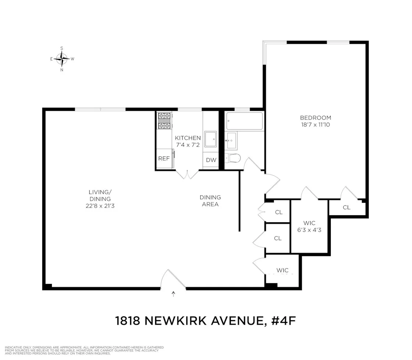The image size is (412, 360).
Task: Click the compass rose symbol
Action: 62,58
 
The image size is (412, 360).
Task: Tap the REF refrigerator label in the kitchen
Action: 164,159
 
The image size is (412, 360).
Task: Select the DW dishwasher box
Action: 211,160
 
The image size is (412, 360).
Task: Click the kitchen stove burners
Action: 165,121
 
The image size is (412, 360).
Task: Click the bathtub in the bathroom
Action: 244,121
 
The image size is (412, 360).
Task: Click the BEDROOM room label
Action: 315,118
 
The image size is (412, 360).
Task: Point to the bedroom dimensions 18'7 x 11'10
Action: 315,125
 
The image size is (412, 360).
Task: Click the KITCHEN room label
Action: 188,138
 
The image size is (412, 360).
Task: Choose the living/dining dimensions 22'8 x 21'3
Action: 100,206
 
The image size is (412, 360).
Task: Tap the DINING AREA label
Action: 210,201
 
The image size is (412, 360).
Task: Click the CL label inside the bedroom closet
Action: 347,207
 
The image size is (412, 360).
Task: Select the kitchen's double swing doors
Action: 188,174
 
